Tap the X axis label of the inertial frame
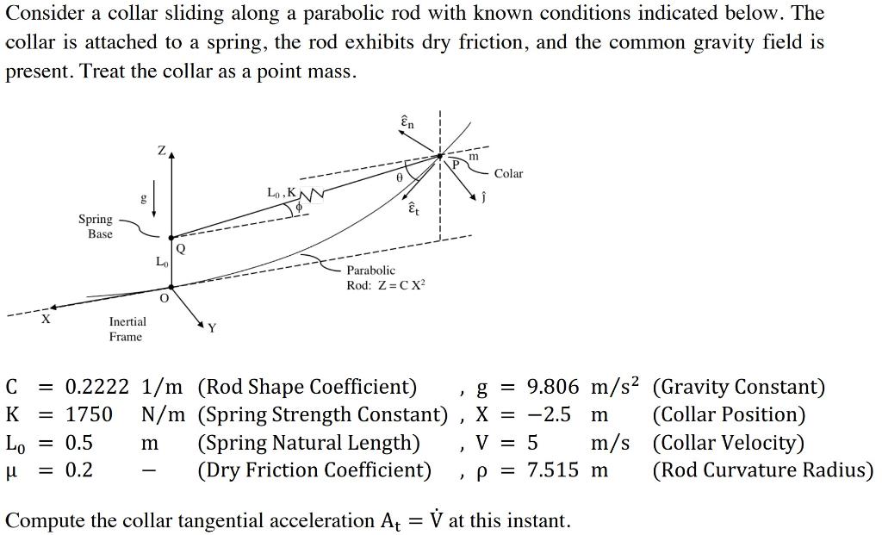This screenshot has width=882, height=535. point(46,320)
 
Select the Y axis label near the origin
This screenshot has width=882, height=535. point(213,328)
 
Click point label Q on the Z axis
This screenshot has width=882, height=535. point(180,248)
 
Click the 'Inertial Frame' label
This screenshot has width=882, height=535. point(127,329)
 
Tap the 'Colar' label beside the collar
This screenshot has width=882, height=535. point(508,174)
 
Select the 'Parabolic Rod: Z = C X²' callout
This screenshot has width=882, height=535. point(385,277)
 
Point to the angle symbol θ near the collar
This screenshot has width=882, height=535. point(399,176)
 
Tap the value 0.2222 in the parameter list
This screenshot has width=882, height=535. point(96,387)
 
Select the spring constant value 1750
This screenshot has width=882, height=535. point(89,414)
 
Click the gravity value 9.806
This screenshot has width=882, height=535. point(552,387)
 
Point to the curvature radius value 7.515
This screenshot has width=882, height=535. point(552,470)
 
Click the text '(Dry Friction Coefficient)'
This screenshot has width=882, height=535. point(314,470)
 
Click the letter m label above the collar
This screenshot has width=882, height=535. point(474,157)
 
